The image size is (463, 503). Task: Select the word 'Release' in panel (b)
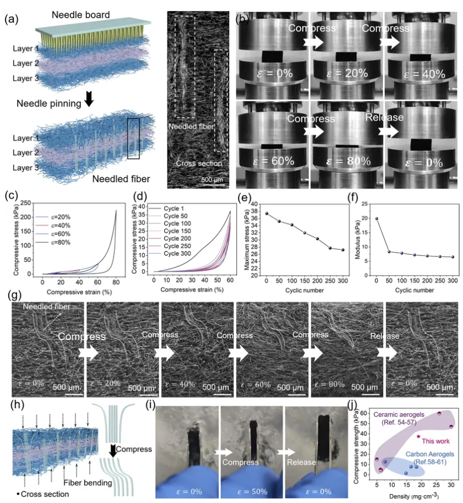385,117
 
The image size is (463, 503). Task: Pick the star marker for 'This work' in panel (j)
419,437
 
